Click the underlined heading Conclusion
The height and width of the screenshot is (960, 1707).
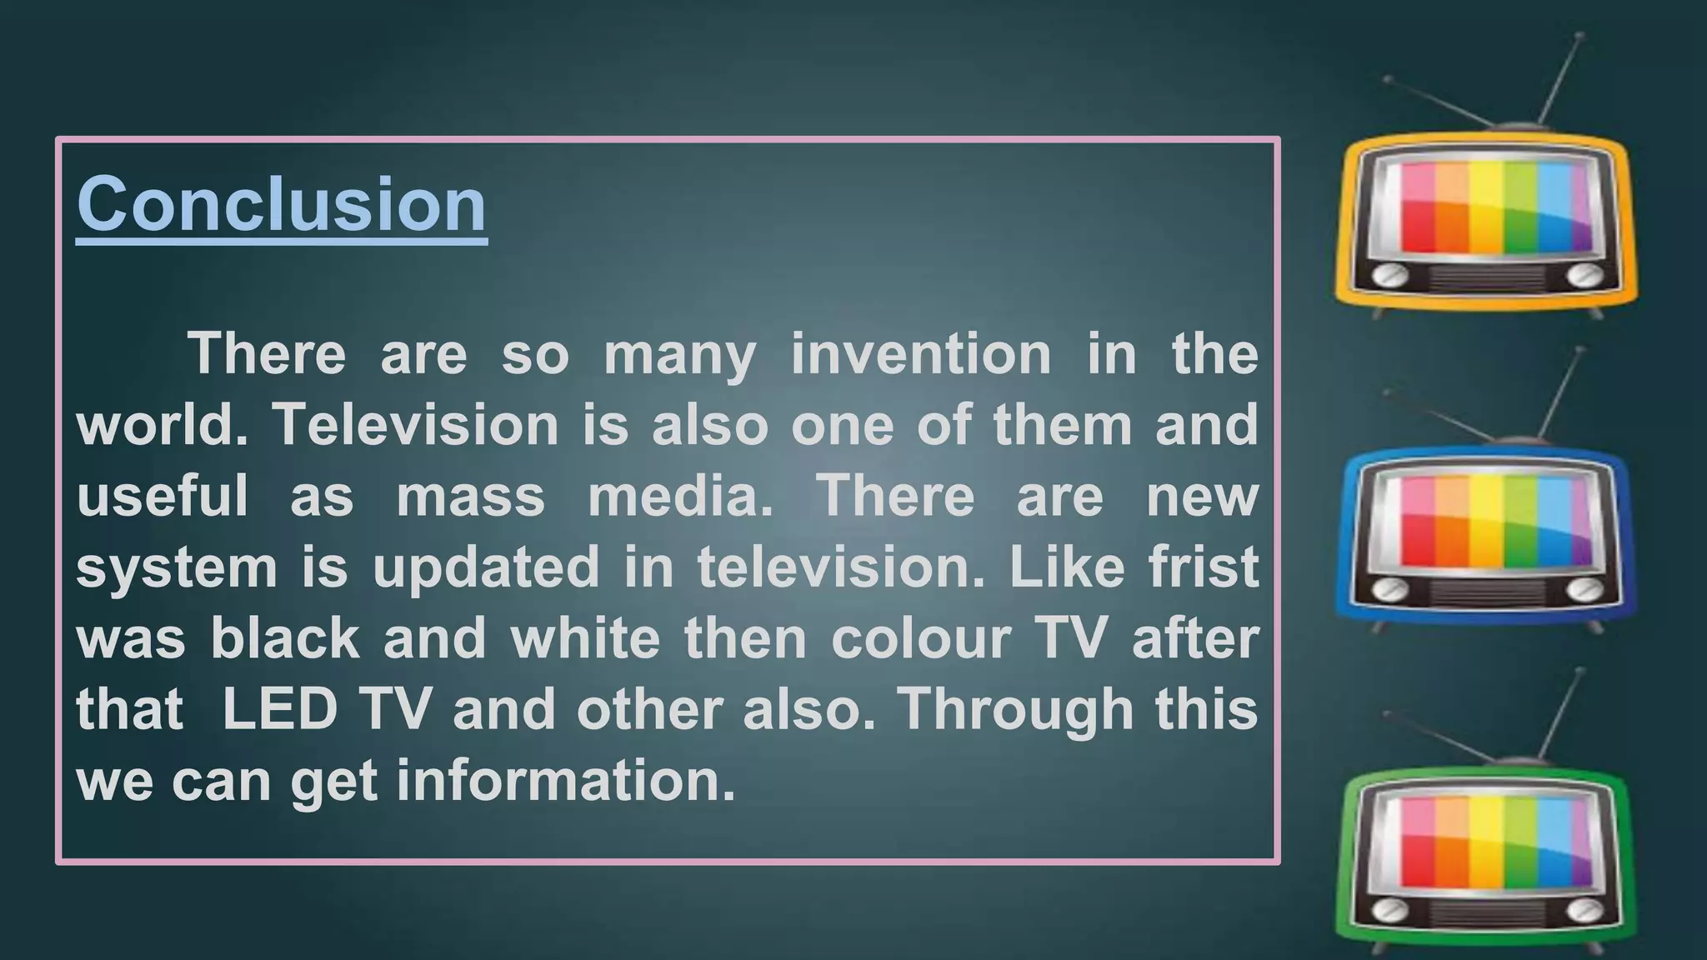tap(282, 205)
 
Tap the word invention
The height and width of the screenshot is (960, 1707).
tap(921, 353)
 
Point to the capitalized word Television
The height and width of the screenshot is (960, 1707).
tap(416, 425)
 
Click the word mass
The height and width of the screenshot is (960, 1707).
tap(470, 496)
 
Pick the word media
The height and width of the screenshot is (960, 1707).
tap(680, 496)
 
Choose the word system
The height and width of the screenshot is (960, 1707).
tap(177, 568)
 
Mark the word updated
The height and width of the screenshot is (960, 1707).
tap(486, 567)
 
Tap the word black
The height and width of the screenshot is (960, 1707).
tap(285, 638)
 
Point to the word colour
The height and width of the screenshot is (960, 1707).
tap(920, 638)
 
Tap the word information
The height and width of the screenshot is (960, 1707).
tap(566, 782)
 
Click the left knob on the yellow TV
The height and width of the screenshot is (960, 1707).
tap(1389, 276)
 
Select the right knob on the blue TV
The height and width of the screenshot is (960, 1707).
tap(1583, 589)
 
